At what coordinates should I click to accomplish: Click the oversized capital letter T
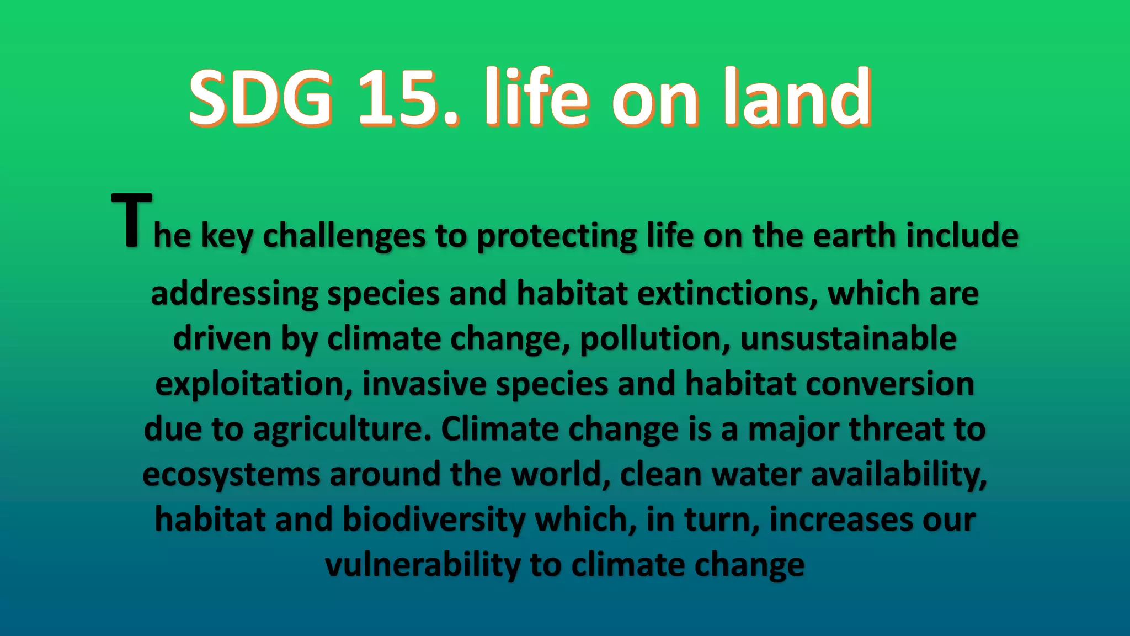pyautogui.click(x=131, y=221)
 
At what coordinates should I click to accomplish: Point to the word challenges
pyautogui.click(x=344, y=236)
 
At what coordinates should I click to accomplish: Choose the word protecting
pyautogui.click(x=557, y=236)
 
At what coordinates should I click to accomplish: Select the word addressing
pyautogui.click(x=234, y=294)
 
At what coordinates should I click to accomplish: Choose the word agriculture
pyautogui.click(x=342, y=430)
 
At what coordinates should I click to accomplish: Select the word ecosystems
pyautogui.click(x=231, y=475)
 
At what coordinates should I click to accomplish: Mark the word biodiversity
pyautogui.click(x=434, y=520)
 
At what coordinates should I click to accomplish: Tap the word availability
pyautogui.click(x=898, y=475)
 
